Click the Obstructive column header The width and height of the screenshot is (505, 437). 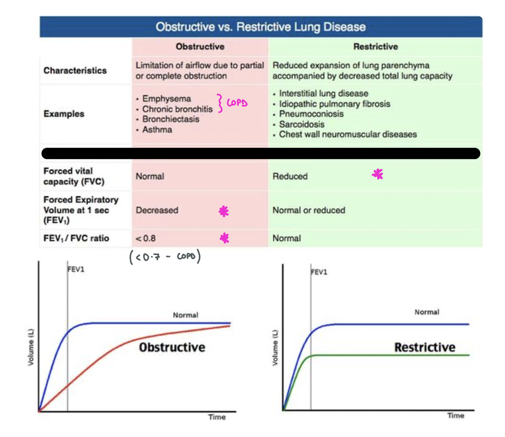click(200, 47)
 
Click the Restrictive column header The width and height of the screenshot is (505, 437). click(375, 47)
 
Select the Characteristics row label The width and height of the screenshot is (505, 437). click(75, 71)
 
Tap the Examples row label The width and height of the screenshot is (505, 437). click(64, 114)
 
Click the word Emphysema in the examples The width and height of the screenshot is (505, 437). click(167, 99)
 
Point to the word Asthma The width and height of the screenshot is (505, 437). click(157, 130)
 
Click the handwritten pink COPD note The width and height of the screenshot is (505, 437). click(236, 103)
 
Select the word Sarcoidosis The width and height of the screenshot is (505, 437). click(301, 125)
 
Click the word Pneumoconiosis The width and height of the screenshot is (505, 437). click(311, 114)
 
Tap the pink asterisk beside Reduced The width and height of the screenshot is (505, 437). click(377, 174)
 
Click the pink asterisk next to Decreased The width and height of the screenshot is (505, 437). click(224, 211)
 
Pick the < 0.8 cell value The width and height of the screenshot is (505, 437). click(146, 239)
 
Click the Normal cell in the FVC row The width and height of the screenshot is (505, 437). click(150, 176)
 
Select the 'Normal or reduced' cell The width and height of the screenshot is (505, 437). click(309, 210)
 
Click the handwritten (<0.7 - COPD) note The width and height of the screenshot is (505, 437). click(165, 257)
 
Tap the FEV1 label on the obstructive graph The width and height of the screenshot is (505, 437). click(76, 269)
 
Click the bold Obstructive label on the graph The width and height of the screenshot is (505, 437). click(172, 347)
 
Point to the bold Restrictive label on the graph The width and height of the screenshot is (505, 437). click(425, 347)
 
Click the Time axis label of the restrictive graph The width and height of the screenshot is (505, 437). click(456, 416)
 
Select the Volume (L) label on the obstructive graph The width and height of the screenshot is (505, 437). click(31, 347)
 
